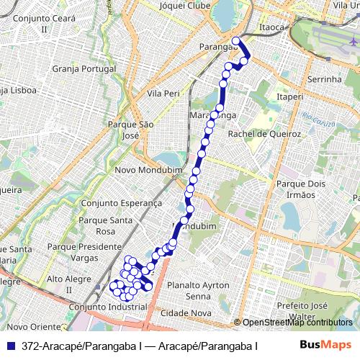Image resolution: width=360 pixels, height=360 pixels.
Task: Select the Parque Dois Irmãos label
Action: coord(297,189)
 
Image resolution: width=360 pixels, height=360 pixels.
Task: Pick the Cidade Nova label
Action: coord(186,314)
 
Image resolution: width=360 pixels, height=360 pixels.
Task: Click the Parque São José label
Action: coord(131,130)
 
